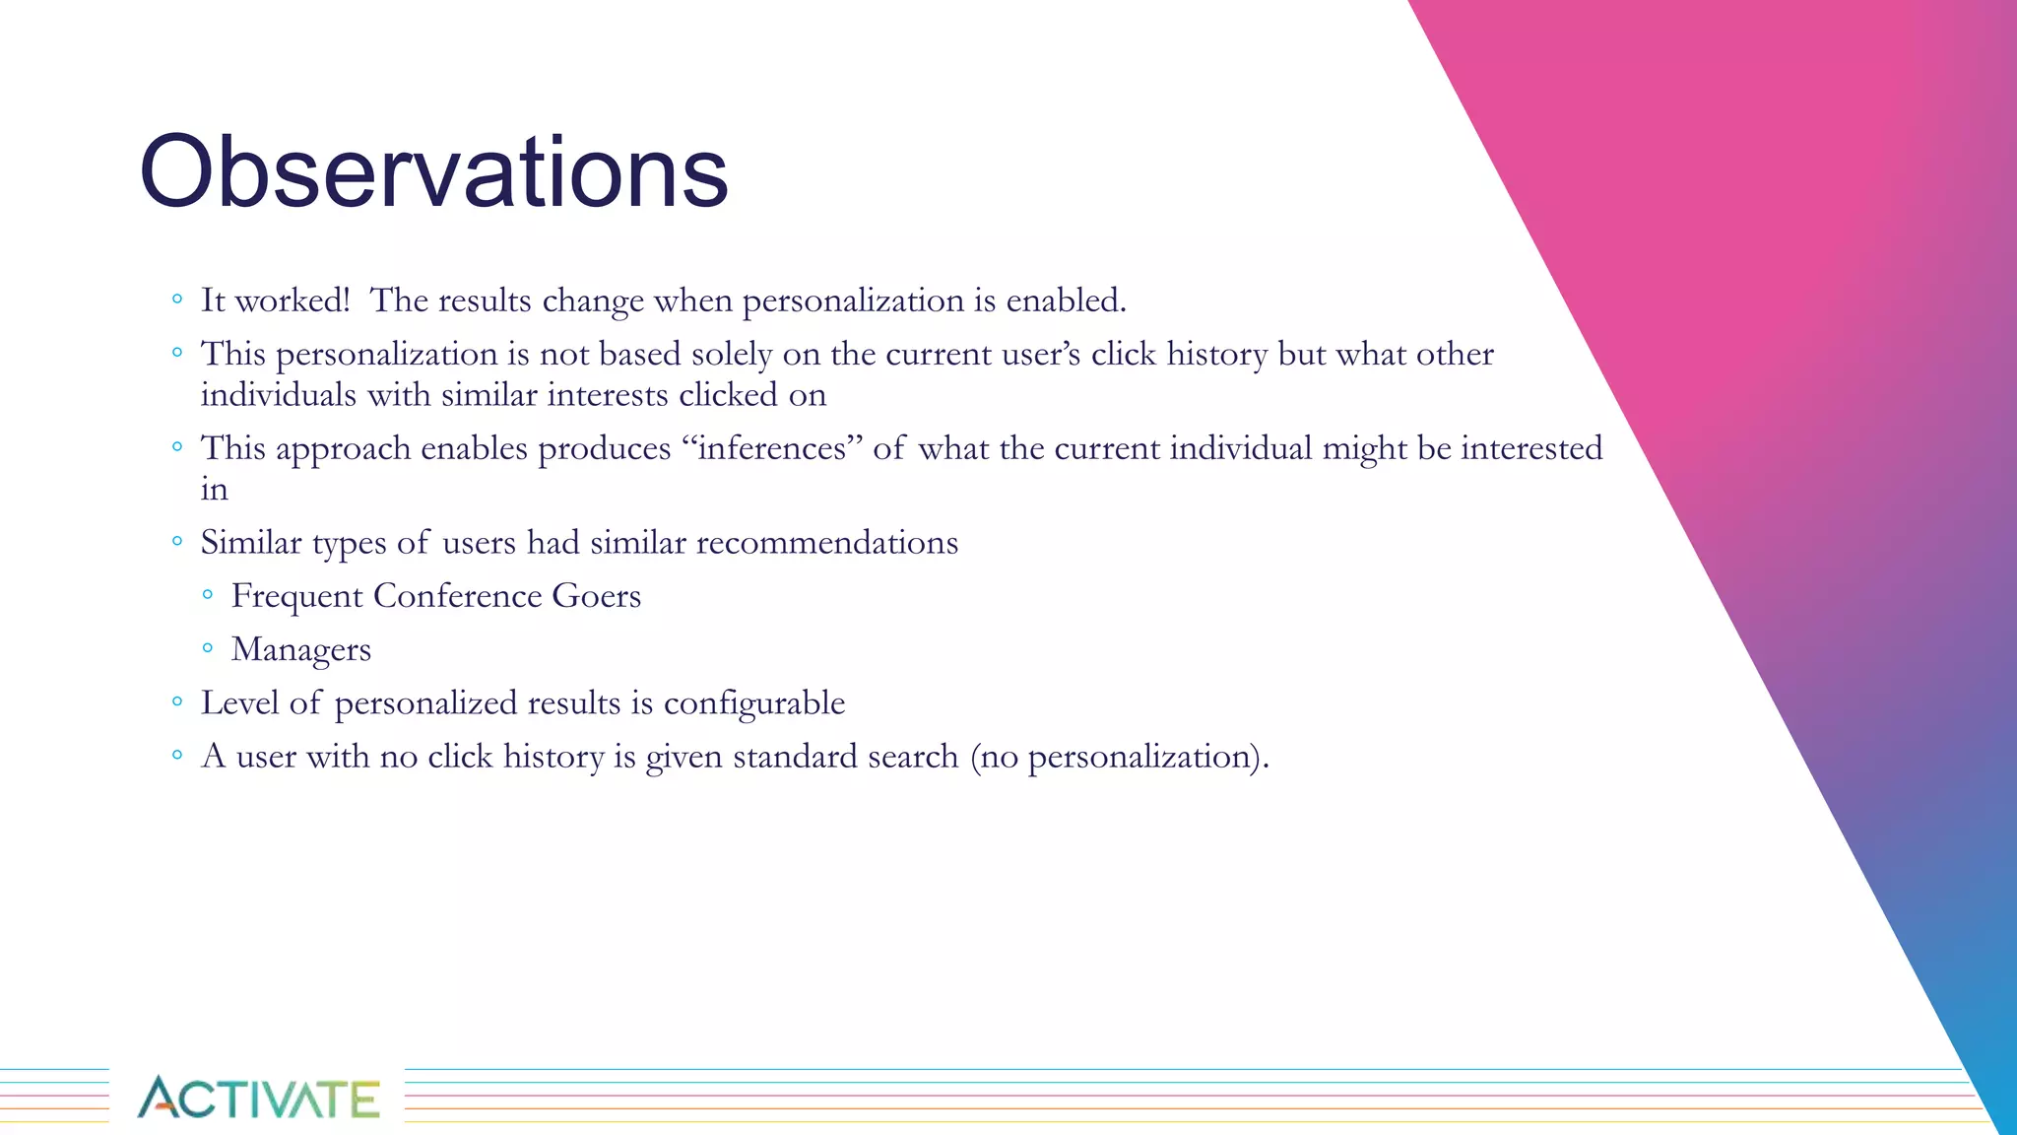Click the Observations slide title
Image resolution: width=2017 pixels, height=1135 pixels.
click(433, 172)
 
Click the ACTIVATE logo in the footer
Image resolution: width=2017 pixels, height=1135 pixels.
click(258, 1098)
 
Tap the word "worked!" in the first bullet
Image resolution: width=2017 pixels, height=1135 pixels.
click(293, 300)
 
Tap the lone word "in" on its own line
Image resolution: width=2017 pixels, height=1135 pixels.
click(214, 490)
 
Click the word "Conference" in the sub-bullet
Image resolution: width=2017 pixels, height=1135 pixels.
click(457, 596)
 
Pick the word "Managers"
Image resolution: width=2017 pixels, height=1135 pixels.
click(300, 649)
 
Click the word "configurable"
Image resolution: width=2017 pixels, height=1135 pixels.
click(753, 703)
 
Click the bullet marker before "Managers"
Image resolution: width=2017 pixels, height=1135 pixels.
click(207, 648)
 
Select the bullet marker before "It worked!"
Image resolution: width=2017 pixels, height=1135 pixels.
click(177, 299)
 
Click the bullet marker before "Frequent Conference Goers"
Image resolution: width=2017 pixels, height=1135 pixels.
click(207, 594)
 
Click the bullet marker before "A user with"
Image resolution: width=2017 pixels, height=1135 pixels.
click(177, 756)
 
